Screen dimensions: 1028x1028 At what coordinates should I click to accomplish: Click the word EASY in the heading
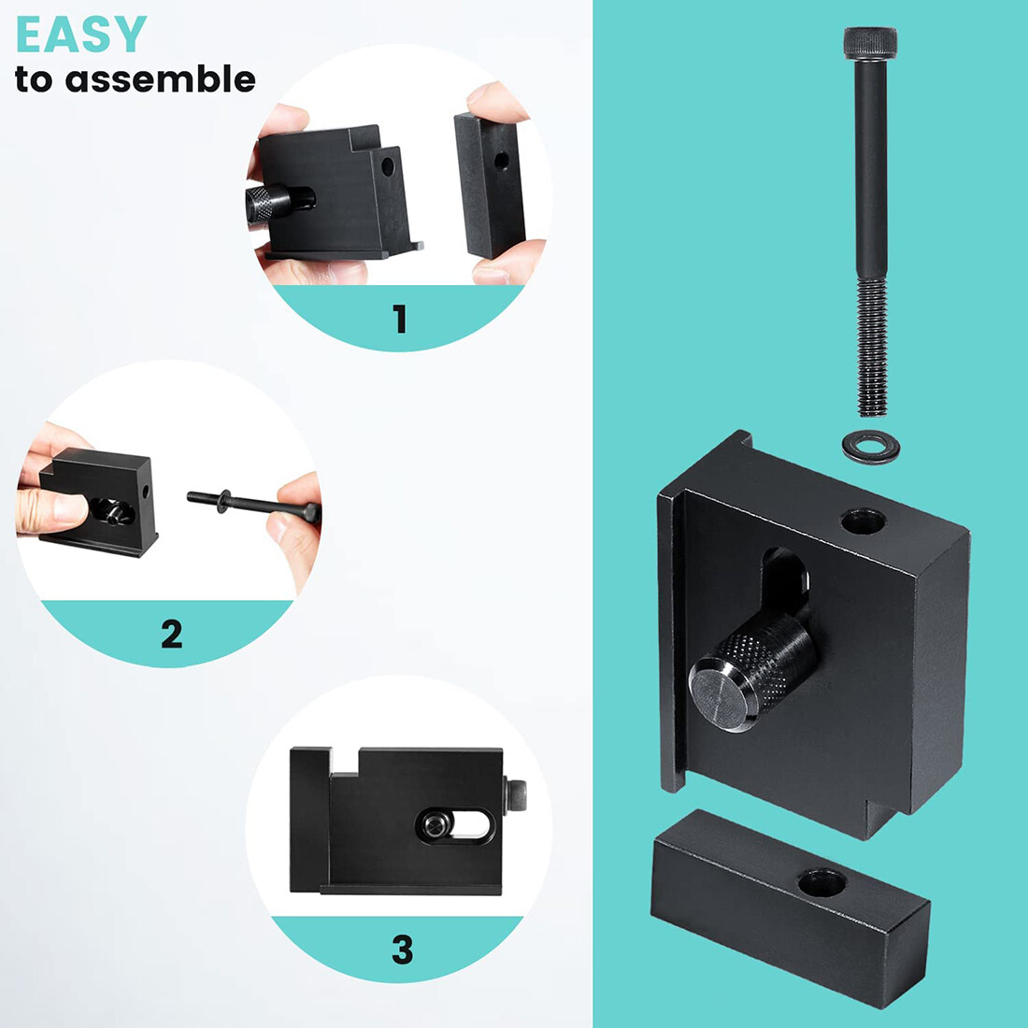80,34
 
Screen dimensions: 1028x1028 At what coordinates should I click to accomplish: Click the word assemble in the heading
160,79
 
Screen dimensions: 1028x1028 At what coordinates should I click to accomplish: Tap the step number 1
399,319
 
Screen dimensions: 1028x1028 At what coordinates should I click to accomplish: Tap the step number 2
172,634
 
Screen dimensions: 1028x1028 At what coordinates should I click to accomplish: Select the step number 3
402,949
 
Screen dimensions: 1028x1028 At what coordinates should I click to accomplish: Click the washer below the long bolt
871,447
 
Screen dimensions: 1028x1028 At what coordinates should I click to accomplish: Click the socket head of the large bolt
870,43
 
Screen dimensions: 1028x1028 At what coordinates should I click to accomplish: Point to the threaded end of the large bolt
871,348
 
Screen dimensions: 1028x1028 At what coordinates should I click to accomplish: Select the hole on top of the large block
864,521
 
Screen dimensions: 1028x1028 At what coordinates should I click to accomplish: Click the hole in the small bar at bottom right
821,882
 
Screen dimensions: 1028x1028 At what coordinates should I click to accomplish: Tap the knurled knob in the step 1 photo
268,203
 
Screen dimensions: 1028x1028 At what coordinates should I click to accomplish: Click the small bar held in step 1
490,186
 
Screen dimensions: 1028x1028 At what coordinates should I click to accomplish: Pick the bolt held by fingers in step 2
253,504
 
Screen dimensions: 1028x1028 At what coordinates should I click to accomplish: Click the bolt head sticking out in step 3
515,795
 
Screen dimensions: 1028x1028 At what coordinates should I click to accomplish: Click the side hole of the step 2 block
146,492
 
